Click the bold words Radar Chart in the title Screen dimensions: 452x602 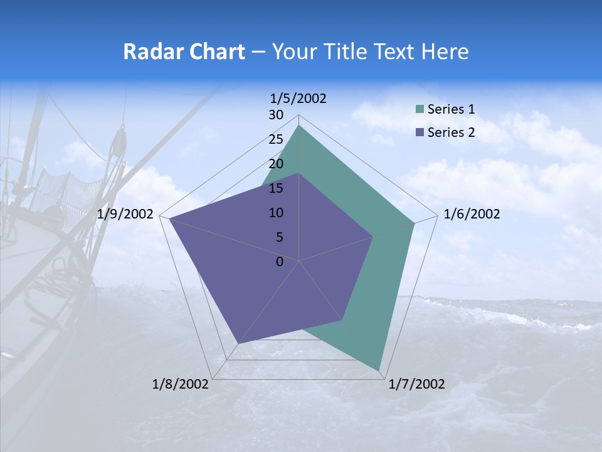pyautogui.click(x=183, y=51)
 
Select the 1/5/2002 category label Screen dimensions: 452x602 pyautogui.click(x=298, y=98)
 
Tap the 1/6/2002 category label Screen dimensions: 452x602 pyautogui.click(x=472, y=214)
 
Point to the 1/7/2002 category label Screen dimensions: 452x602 pyautogui.click(x=416, y=384)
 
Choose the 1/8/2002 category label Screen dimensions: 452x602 pyautogui.click(x=181, y=384)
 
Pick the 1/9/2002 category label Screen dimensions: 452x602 pyautogui.click(x=125, y=214)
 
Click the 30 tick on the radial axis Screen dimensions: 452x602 pyautogui.click(x=276, y=115)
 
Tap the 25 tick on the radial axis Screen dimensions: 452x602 pyautogui.click(x=276, y=139)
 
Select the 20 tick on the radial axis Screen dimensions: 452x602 pyautogui.click(x=276, y=164)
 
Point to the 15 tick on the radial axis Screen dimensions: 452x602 pyautogui.click(x=276, y=188)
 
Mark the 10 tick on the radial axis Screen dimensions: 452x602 pyautogui.click(x=276, y=213)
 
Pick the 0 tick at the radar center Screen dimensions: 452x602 pyautogui.click(x=280, y=262)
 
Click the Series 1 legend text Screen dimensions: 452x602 pyautogui.click(x=451, y=109)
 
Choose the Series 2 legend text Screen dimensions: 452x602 pyautogui.click(x=451, y=132)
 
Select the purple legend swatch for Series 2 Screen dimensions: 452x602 pyautogui.click(x=420, y=133)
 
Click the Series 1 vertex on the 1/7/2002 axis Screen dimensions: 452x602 pyautogui.click(x=379, y=370)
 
